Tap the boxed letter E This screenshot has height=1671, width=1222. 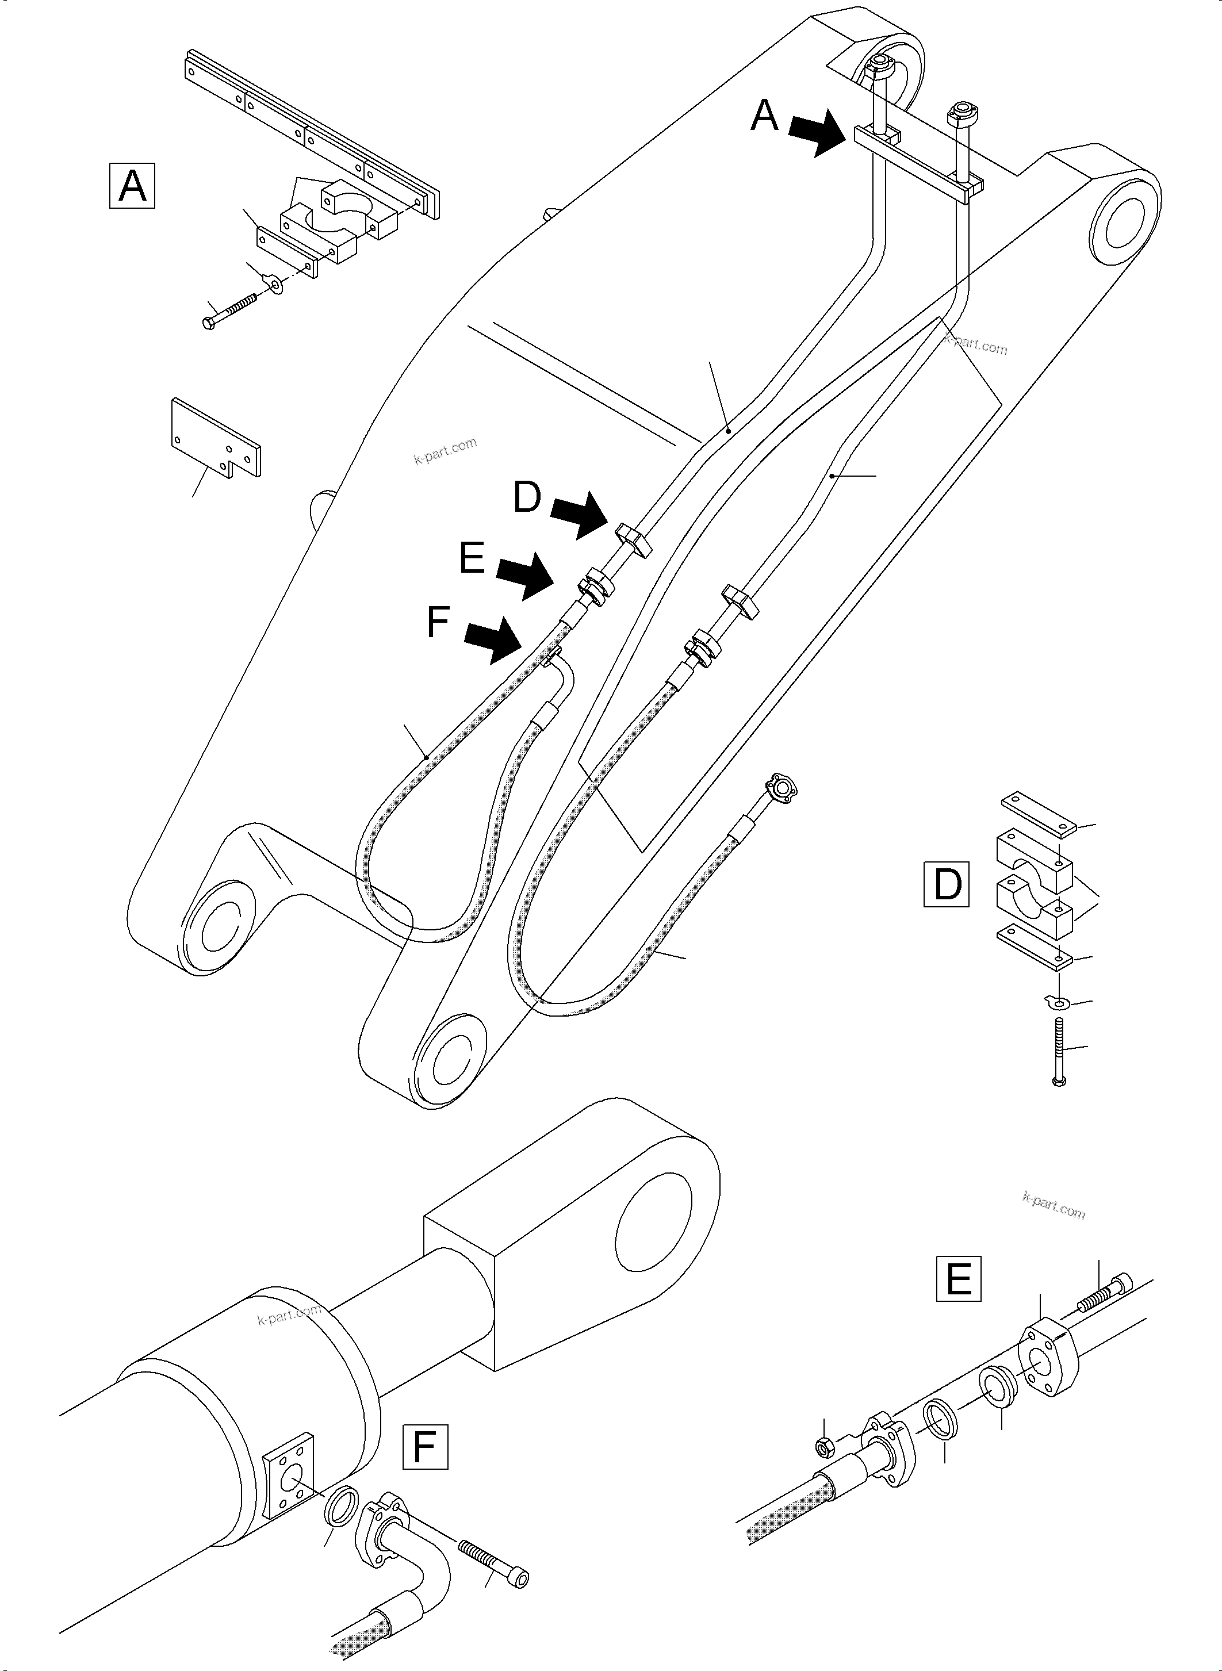tap(959, 1278)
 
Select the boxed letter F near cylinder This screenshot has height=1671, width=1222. tap(424, 1446)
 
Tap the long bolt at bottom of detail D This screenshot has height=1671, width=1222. tap(1059, 1051)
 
